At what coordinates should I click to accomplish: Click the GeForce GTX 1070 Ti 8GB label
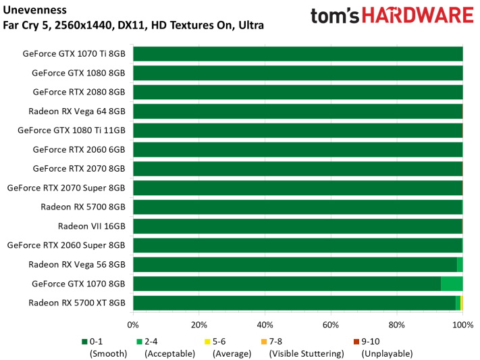74,53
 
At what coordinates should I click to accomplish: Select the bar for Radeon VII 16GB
298,226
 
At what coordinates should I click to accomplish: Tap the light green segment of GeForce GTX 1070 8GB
452,284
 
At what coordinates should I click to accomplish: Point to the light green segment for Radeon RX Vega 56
460,264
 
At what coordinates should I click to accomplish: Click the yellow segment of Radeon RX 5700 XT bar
461,303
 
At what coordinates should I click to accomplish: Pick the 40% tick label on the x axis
265,325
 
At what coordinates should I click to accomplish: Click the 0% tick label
133,325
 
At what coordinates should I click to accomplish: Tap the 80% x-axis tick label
397,325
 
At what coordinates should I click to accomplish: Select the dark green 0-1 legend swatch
84,342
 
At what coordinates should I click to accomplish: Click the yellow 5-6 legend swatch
207,342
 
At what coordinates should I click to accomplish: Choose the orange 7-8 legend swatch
264,342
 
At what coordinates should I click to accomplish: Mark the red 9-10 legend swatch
356,342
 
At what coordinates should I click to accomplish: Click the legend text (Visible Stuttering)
306,353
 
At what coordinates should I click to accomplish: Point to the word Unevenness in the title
34,10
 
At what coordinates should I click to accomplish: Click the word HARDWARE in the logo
418,16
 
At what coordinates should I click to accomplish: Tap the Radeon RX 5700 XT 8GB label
77,303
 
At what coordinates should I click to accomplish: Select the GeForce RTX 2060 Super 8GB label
66,245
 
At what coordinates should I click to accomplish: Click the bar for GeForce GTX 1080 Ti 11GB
298,130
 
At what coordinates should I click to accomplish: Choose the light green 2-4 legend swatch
140,342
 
